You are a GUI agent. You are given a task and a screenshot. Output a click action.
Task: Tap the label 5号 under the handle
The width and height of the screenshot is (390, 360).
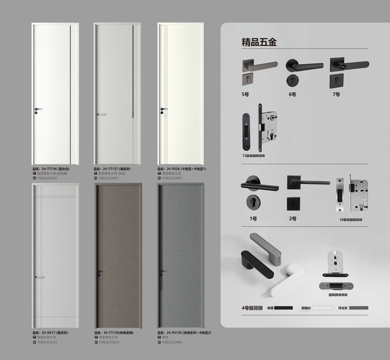click(x=245, y=94)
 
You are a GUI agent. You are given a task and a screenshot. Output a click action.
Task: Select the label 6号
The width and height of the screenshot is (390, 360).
click(x=292, y=94)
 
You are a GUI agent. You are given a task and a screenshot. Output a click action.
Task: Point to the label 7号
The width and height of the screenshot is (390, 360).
click(x=336, y=94)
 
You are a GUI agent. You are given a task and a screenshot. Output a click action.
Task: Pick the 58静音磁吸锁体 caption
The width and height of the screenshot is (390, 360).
click(x=356, y=219)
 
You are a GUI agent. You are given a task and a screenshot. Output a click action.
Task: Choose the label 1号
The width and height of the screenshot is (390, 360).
click(x=253, y=219)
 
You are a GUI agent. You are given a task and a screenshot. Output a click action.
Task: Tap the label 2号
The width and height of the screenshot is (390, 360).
click(x=292, y=219)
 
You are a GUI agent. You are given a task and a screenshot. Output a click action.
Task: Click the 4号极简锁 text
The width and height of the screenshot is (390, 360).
click(x=253, y=308)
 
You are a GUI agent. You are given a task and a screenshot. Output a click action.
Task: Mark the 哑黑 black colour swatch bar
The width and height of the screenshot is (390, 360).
click(x=283, y=308)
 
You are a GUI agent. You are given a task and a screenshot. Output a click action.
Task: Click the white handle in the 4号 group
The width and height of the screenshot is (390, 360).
click(x=284, y=280)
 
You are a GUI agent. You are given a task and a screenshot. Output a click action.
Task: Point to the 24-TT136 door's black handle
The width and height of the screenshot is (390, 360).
click(x=38, y=109)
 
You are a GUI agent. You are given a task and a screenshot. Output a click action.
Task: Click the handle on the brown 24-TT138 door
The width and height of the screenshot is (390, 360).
click(x=100, y=271)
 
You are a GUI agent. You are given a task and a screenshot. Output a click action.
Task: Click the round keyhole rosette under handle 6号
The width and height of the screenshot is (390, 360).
click(x=292, y=78)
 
